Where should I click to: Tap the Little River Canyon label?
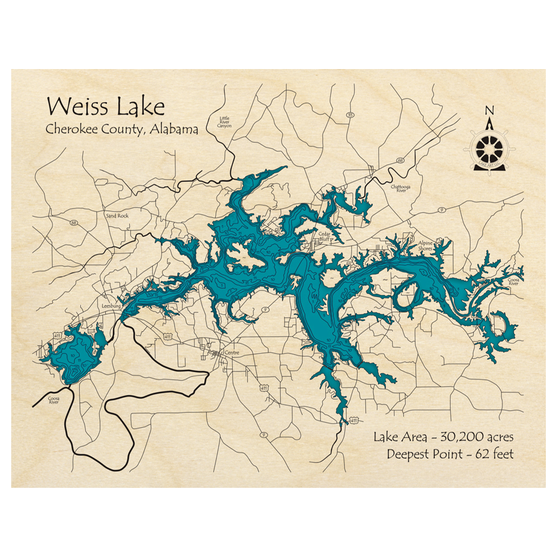224,122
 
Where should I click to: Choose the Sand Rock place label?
117,214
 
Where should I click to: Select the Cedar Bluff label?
324,237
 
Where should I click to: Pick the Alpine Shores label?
426,246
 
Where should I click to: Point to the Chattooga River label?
400,188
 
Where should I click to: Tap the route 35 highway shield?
350,115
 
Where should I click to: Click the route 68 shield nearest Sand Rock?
74,223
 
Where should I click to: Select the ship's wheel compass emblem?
489,148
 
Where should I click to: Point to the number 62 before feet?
482,454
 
